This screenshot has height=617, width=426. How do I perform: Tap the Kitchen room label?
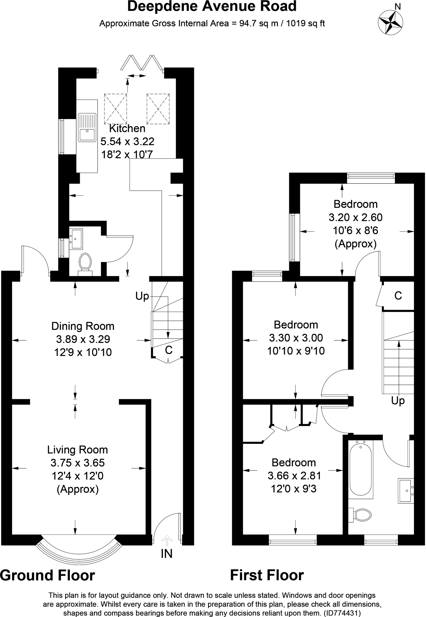coord(127,128)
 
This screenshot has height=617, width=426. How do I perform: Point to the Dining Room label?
coord(83,326)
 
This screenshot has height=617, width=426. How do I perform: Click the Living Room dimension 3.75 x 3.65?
coord(78,462)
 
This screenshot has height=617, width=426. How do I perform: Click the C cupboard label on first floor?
coord(398,296)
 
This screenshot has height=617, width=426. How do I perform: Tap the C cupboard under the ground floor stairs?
coord(169,350)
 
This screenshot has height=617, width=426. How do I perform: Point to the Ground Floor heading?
coord(47,575)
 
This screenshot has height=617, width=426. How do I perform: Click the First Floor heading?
coord(267,575)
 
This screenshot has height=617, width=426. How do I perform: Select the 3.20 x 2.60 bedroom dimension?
coord(355,217)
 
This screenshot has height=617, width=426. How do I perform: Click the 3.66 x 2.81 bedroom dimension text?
coord(294,475)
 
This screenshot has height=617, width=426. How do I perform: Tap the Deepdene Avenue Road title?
coord(212,7)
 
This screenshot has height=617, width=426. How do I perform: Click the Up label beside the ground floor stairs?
coord(142,296)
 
